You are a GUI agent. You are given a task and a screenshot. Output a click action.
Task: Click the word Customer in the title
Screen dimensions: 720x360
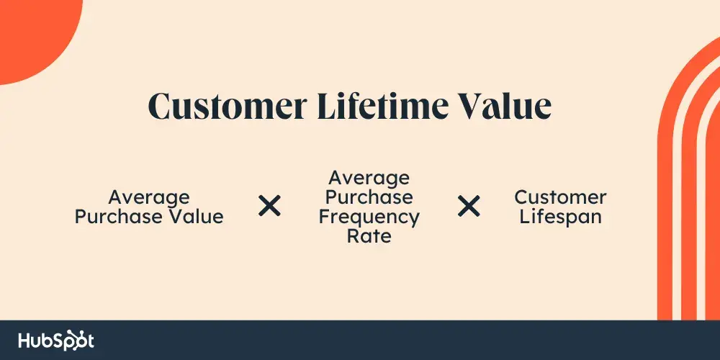coord(228,106)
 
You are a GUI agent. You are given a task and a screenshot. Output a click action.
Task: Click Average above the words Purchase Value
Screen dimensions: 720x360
coord(149,198)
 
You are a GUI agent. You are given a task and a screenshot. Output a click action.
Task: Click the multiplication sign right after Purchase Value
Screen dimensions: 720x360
coord(269,205)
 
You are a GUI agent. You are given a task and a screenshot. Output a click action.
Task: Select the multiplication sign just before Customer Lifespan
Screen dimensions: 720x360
coord(469,205)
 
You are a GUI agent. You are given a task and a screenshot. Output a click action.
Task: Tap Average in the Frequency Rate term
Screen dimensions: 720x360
coord(369,178)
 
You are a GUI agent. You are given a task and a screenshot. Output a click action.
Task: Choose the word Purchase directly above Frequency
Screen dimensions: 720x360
coord(369,198)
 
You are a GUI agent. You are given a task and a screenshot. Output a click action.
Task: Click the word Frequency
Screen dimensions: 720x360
coord(369,217)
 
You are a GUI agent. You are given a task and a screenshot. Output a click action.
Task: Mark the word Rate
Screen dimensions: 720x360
coord(369,237)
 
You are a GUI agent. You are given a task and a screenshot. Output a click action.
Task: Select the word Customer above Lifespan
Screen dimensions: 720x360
coord(560,197)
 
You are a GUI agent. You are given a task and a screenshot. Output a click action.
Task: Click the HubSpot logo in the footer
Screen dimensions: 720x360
coord(56,341)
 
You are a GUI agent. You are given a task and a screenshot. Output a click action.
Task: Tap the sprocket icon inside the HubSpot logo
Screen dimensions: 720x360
coord(74,340)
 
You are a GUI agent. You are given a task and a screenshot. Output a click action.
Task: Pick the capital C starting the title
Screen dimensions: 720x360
coord(160,106)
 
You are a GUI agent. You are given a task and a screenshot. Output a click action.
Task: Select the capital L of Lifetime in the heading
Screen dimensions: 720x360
coord(328,106)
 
